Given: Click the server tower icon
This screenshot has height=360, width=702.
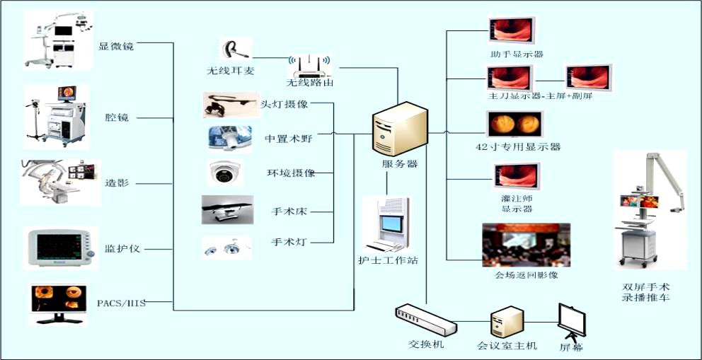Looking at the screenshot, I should [x=400, y=129].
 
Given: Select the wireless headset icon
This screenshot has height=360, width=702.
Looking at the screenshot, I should [x=233, y=50].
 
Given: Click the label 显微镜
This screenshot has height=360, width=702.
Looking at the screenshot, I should [x=116, y=47].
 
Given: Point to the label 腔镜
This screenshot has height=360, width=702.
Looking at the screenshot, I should [x=116, y=117].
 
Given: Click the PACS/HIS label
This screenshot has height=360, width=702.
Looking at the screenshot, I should [x=121, y=303].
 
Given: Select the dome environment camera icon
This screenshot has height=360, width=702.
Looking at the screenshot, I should [x=224, y=172].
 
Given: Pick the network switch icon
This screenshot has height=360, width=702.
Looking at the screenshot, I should [x=425, y=320].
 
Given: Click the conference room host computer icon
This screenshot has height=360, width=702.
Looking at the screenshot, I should [x=507, y=323].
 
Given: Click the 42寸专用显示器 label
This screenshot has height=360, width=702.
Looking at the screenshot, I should [x=519, y=147].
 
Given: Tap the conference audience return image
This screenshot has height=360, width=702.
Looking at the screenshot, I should [x=525, y=245].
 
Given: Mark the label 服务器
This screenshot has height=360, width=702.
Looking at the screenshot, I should [x=400, y=164].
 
